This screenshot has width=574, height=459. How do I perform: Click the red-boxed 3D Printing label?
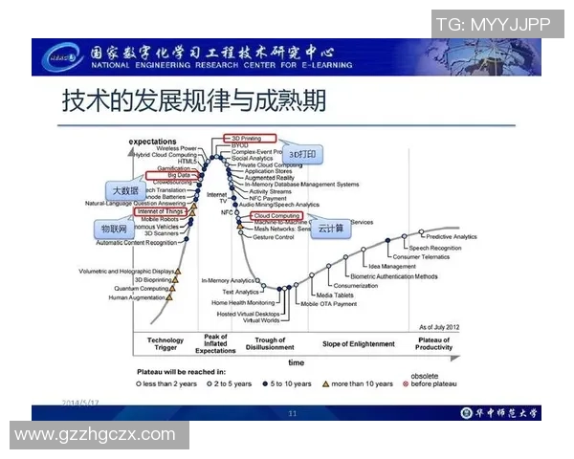point(249,138)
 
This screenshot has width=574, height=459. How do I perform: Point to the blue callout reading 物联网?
point(115,230)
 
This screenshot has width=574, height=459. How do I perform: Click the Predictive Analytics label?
point(451,236)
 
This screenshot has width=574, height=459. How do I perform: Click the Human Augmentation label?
point(137,297)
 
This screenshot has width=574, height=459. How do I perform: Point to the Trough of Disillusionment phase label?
point(270,343)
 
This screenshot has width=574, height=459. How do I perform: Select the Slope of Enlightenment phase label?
point(359,343)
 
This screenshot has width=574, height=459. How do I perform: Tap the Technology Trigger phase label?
point(166,343)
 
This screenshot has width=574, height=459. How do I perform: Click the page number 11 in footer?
point(293,413)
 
